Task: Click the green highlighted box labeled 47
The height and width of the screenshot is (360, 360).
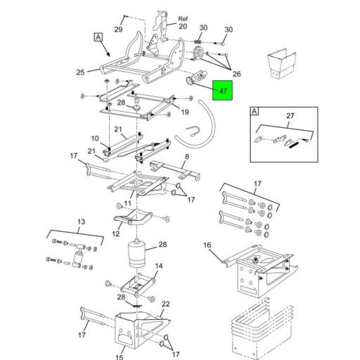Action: [223, 91]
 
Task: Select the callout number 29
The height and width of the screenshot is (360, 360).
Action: [118, 30]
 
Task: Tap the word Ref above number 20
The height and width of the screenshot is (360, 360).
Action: [183, 18]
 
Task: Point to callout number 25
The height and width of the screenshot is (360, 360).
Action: [79, 72]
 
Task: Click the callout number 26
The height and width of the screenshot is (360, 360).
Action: [236, 74]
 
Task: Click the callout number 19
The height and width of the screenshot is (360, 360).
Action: [186, 112]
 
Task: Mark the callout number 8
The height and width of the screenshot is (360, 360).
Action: [186, 157]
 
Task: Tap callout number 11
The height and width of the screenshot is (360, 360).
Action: [128, 203]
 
